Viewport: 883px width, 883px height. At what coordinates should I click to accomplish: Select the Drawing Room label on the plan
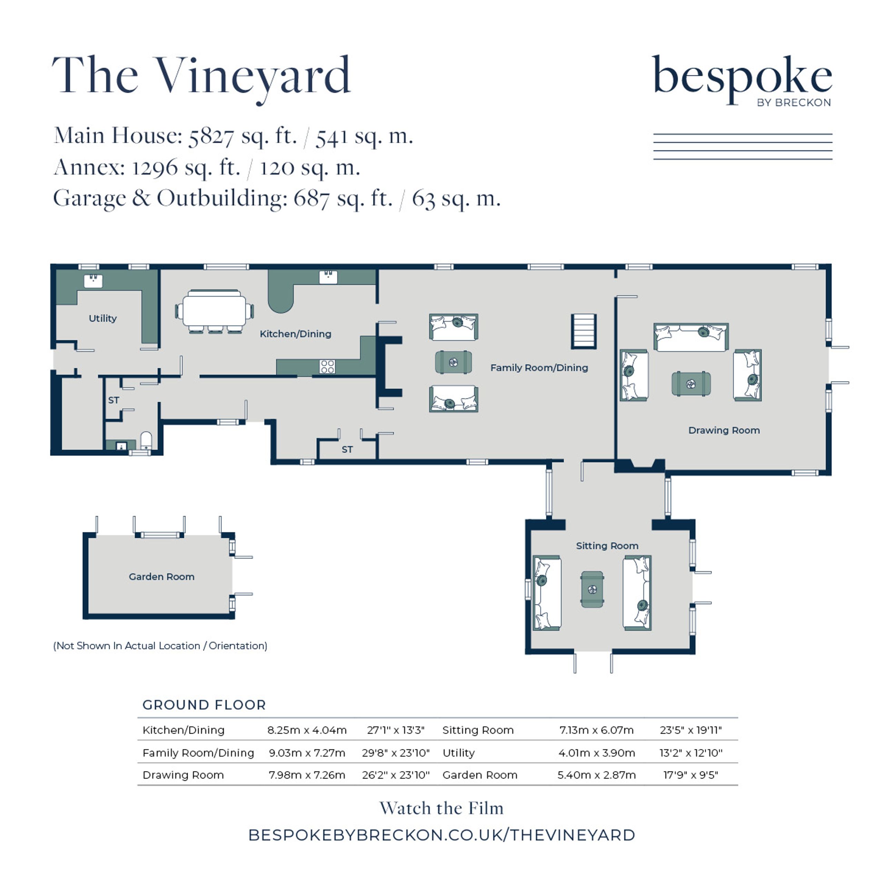[x=724, y=430]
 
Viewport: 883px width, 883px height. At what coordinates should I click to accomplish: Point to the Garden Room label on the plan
[x=161, y=577]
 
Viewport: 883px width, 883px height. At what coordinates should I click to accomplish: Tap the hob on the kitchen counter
[x=327, y=367]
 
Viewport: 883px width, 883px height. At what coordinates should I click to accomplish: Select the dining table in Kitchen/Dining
[x=214, y=311]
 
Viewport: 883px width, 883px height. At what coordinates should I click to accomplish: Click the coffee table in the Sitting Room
[x=592, y=589]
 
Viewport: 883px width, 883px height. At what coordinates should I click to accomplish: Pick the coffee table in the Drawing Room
[x=691, y=384]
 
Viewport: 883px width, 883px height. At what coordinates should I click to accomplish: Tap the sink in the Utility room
[x=93, y=281]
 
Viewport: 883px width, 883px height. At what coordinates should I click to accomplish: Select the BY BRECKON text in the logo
[x=794, y=102]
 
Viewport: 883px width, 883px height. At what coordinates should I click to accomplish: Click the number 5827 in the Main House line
[x=211, y=136]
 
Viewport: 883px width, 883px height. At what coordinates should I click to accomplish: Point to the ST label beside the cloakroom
[x=113, y=400]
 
